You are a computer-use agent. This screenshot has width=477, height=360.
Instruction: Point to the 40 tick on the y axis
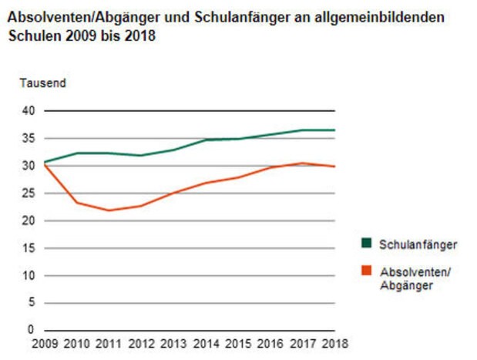(28, 111)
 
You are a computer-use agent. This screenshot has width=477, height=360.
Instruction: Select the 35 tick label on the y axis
(28, 139)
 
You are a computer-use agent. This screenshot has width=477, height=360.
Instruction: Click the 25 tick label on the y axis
(28, 193)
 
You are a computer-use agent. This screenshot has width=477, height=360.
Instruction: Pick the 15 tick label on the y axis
(28, 248)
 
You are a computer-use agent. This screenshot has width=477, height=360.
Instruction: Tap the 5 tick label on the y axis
(31, 303)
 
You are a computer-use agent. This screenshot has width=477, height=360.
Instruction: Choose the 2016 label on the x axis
(269, 343)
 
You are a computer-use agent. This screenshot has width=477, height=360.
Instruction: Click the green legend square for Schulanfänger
(367, 244)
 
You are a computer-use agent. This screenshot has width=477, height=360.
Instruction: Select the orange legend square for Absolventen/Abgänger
(367, 271)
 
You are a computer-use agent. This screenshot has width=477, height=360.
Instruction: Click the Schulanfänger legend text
(418, 244)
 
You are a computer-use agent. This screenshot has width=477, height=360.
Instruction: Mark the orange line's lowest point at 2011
(109, 210)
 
